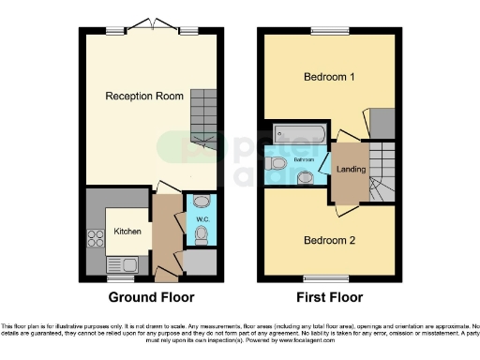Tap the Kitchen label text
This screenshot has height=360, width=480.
pos(128,230)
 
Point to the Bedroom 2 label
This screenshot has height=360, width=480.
pos(328,240)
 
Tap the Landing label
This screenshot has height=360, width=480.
pos(351,170)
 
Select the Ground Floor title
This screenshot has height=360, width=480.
pos(152,297)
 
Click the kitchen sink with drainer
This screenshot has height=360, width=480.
pos(122,264)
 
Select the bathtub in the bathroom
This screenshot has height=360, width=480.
pos(298,136)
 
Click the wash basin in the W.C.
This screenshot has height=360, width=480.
pos(199,201)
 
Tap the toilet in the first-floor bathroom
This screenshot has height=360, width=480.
pos(278,163)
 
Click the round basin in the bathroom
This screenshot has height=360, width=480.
pos(305,176)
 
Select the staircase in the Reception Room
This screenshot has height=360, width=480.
pos(203,117)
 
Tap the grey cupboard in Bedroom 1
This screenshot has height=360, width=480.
pos(382,122)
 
